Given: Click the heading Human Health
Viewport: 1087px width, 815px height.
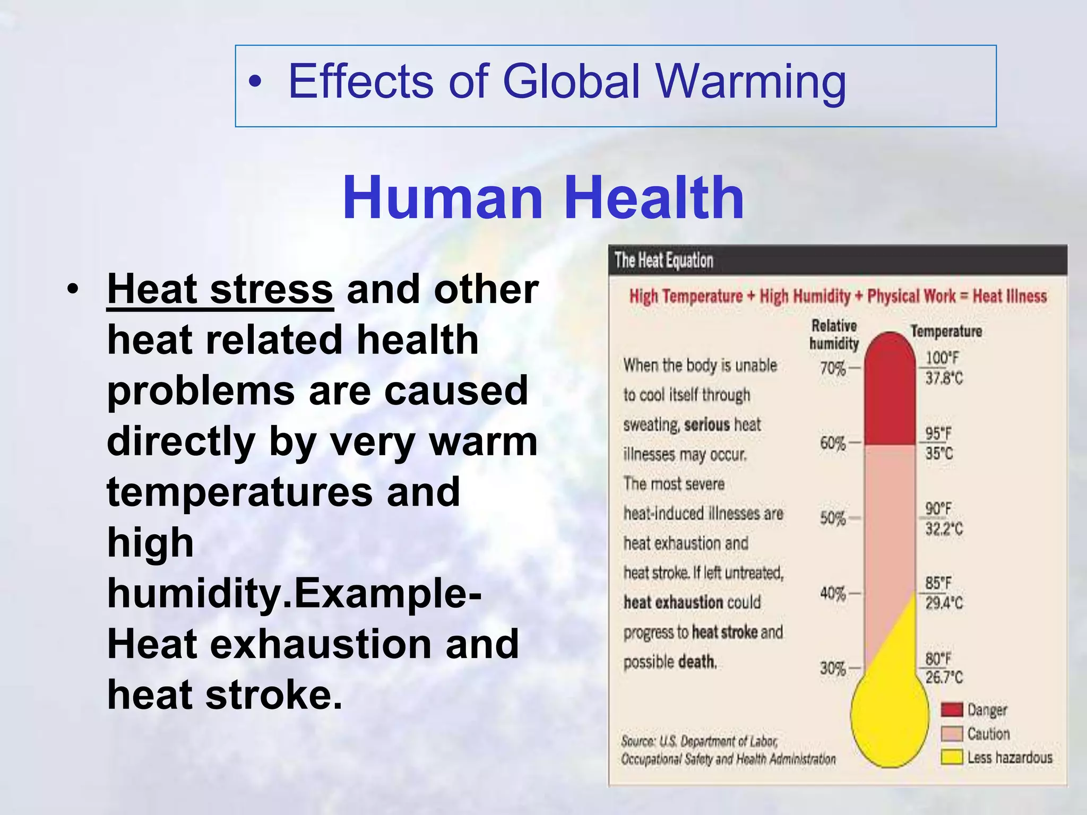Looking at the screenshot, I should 543,198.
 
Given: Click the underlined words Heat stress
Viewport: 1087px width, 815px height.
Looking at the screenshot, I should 220,290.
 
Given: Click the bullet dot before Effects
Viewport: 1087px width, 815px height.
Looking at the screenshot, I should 255,82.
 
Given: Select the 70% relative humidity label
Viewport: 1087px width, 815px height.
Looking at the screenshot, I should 832,368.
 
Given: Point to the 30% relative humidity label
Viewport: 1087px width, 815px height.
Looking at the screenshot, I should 832,668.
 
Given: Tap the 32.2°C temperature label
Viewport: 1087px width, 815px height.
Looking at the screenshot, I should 944,529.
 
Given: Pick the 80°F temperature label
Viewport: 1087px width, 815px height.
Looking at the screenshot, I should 938,659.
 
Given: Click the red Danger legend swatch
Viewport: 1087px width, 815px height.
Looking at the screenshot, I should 952,709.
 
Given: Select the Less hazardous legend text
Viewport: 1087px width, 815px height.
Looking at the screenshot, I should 1009,757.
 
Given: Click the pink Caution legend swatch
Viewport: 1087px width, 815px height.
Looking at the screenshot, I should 952,734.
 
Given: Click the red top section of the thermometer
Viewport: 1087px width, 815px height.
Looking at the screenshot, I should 890,393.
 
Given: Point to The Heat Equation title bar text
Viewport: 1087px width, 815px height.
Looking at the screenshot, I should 663,261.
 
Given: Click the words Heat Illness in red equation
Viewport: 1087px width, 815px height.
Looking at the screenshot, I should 1009,296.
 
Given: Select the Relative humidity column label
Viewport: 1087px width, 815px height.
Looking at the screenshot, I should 834,335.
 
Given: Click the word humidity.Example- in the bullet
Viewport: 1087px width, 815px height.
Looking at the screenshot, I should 294,593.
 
